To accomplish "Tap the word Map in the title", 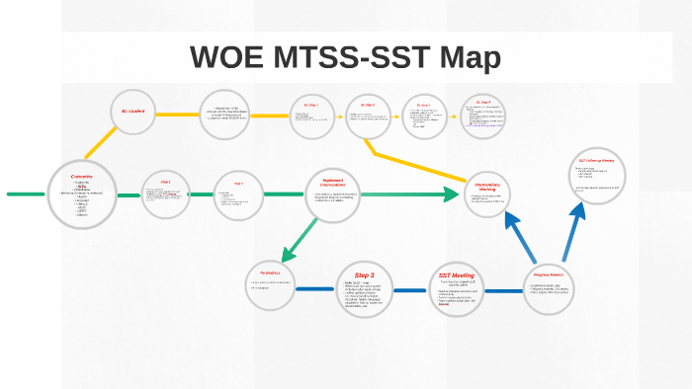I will pos(466,57).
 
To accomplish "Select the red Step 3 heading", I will pos(365,275).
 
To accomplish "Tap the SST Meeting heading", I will pos(457,275).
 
